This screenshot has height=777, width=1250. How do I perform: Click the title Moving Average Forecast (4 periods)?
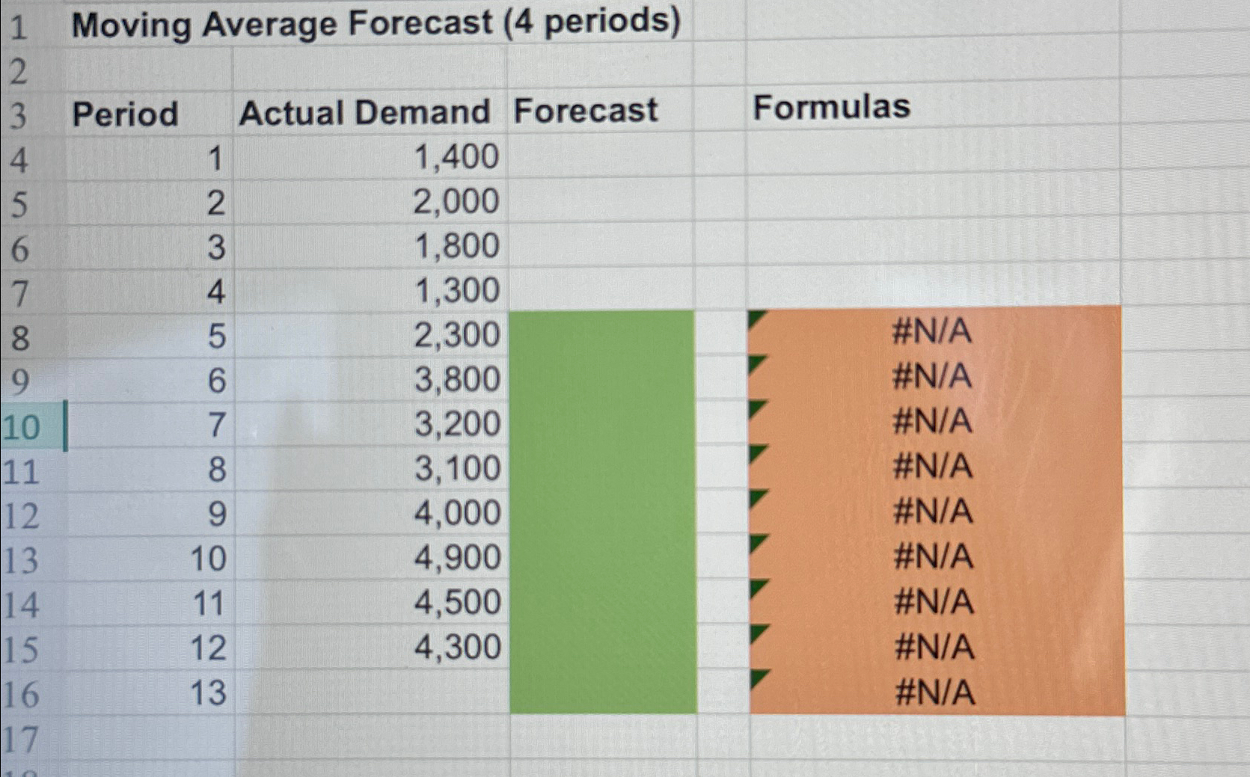376,24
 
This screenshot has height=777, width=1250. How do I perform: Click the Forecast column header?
585,111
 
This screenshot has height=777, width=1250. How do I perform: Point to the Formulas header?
831,107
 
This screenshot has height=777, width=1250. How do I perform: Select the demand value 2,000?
456,202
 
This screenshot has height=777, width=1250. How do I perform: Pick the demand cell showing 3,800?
456,380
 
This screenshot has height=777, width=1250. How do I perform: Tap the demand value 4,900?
457,558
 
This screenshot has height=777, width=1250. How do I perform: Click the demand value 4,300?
457,647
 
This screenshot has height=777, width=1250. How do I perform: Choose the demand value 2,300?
456,335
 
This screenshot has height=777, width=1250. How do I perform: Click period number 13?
207,692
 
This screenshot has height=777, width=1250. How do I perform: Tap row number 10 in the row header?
21,428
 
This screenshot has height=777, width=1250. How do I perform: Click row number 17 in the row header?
20,740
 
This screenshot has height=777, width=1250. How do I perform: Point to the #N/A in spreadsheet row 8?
931,331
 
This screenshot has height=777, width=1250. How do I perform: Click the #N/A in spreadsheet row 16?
935,692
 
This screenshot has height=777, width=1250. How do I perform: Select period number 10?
207,559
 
